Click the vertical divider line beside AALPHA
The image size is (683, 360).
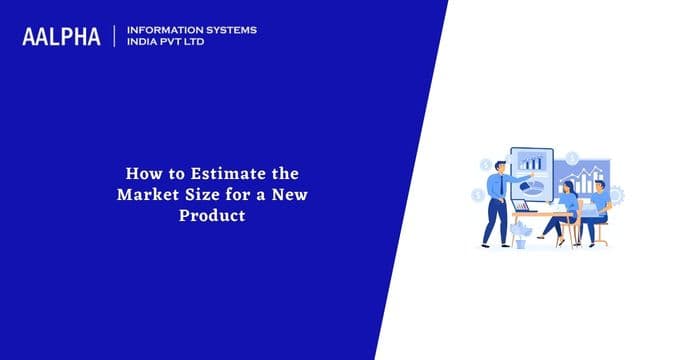[x=117, y=36]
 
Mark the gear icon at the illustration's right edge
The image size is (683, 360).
[x=616, y=194]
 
